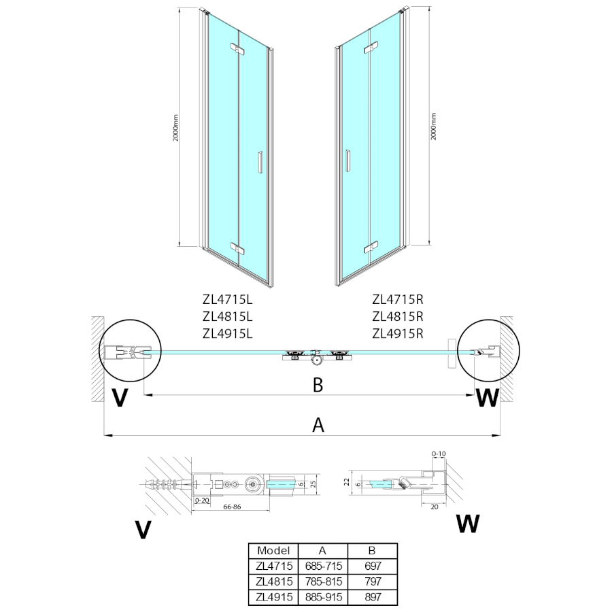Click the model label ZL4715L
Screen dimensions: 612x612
point(227,299)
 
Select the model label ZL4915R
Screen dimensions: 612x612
point(398,333)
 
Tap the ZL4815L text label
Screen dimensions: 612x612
point(227,316)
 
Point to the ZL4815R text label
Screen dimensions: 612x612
point(398,316)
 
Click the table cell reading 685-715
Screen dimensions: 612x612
point(323,566)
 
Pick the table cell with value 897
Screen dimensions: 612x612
point(373,597)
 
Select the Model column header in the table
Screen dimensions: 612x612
point(274,551)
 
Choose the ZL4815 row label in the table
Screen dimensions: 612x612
point(274,581)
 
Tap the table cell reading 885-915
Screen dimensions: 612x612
point(323,597)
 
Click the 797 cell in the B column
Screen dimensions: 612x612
point(373,581)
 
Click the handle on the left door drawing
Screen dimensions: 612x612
point(258,164)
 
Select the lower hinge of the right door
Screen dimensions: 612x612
point(371,248)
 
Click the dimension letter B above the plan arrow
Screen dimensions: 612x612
point(317,385)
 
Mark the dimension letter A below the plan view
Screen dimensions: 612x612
point(317,425)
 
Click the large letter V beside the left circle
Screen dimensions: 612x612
point(119,398)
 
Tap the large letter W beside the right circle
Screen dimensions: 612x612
point(487,398)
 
